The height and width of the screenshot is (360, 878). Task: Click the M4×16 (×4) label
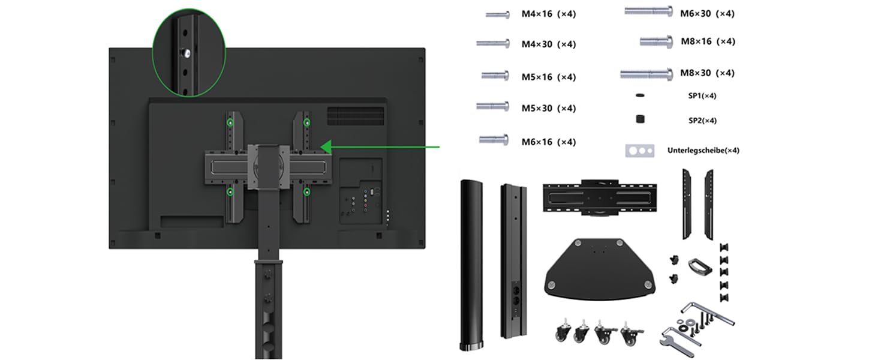(x=548, y=14)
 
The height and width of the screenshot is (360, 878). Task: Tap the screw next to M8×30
(x=647, y=73)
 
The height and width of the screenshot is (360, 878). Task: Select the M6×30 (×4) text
(x=707, y=14)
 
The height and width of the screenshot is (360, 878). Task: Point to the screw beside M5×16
(x=495, y=75)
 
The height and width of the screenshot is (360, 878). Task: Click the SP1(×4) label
(x=702, y=95)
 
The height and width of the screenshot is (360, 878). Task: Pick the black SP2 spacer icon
(x=640, y=119)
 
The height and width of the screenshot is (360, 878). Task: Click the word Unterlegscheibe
(x=696, y=150)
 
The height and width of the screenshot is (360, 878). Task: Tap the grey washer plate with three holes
(x=640, y=151)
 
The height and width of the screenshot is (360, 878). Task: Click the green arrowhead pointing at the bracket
(x=327, y=147)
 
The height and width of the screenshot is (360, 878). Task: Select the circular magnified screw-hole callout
(x=188, y=53)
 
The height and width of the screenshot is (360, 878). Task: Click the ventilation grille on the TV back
(x=356, y=116)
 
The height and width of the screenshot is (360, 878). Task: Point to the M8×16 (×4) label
(x=708, y=41)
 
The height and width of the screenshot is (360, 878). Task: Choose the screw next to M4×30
(x=493, y=43)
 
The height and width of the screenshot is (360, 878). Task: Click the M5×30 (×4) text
(x=548, y=108)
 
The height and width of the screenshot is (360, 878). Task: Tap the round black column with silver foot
(x=471, y=265)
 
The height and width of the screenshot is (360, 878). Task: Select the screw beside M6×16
(x=494, y=139)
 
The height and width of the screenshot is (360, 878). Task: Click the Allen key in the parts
(x=708, y=313)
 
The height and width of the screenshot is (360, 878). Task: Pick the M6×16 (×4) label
(x=548, y=142)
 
